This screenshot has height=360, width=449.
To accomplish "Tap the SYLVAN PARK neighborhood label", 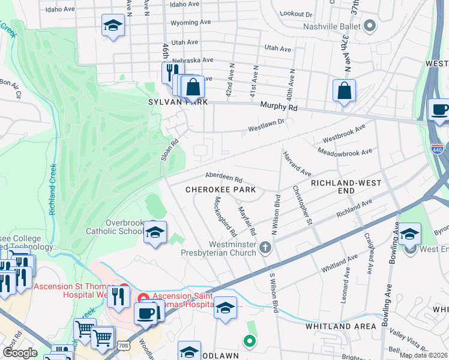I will click(178, 103).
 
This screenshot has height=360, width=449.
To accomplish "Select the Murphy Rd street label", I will click(279, 107).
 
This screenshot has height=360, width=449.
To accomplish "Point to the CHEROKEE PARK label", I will click(220, 190).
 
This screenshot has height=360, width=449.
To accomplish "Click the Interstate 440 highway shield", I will click(438, 146).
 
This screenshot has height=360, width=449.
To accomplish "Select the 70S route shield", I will click(124, 345).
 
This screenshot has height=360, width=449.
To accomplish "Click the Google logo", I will click(19, 353).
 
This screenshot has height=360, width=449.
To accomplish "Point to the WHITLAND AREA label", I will click(340, 326).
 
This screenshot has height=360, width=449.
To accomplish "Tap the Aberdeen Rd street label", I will click(223, 179).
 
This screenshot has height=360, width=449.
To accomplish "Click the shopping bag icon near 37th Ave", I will click(345, 92).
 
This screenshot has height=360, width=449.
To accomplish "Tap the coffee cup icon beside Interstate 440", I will click(440, 110).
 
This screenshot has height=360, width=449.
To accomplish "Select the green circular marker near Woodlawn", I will click(249, 341).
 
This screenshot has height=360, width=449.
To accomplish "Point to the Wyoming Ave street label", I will click(191, 22).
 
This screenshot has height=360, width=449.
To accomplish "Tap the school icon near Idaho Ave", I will click(113, 26).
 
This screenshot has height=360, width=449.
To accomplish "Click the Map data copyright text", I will click(423, 355).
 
